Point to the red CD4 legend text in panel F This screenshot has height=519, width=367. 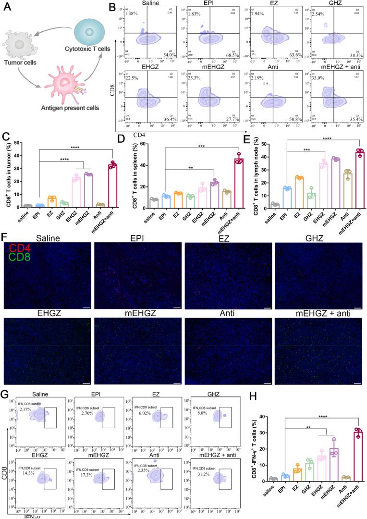click(x=19, y=248)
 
